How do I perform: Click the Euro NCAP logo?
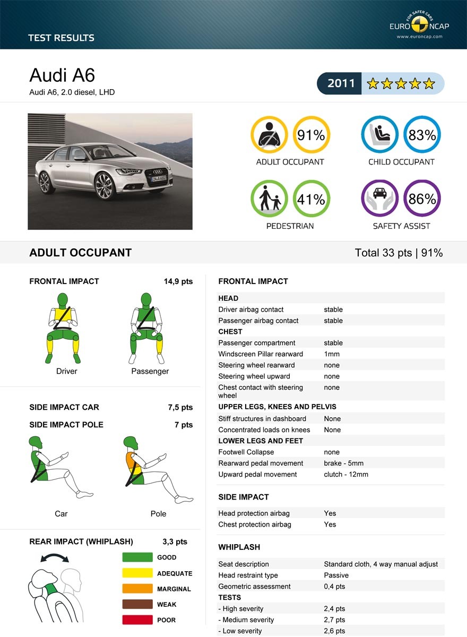pyautogui.click(x=416, y=25)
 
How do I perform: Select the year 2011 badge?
pyautogui.click(x=341, y=83)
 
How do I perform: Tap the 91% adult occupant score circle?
pyautogui.click(x=311, y=135)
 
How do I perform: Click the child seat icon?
pyautogui.click(x=380, y=134)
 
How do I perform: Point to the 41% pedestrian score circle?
pyautogui.click(x=311, y=199)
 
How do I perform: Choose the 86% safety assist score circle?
pyautogui.click(x=422, y=199)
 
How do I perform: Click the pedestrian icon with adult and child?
pyautogui.click(x=269, y=199)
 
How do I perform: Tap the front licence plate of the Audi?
pyautogui.click(x=159, y=178)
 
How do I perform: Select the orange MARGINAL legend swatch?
pyautogui.click(x=137, y=589)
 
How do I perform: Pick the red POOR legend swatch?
pyautogui.click(x=137, y=619)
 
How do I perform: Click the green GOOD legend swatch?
pyautogui.click(x=137, y=557)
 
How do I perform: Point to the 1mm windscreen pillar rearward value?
pyautogui.click(x=332, y=354)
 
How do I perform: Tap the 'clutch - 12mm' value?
pyautogui.click(x=346, y=475)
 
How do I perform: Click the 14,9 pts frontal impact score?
pyautogui.click(x=178, y=281)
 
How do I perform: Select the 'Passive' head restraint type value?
pyautogui.click(x=336, y=575)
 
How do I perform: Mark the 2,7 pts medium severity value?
pyautogui.click(x=334, y=620)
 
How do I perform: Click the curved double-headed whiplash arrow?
pyautogui.click(x=55, y=557)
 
